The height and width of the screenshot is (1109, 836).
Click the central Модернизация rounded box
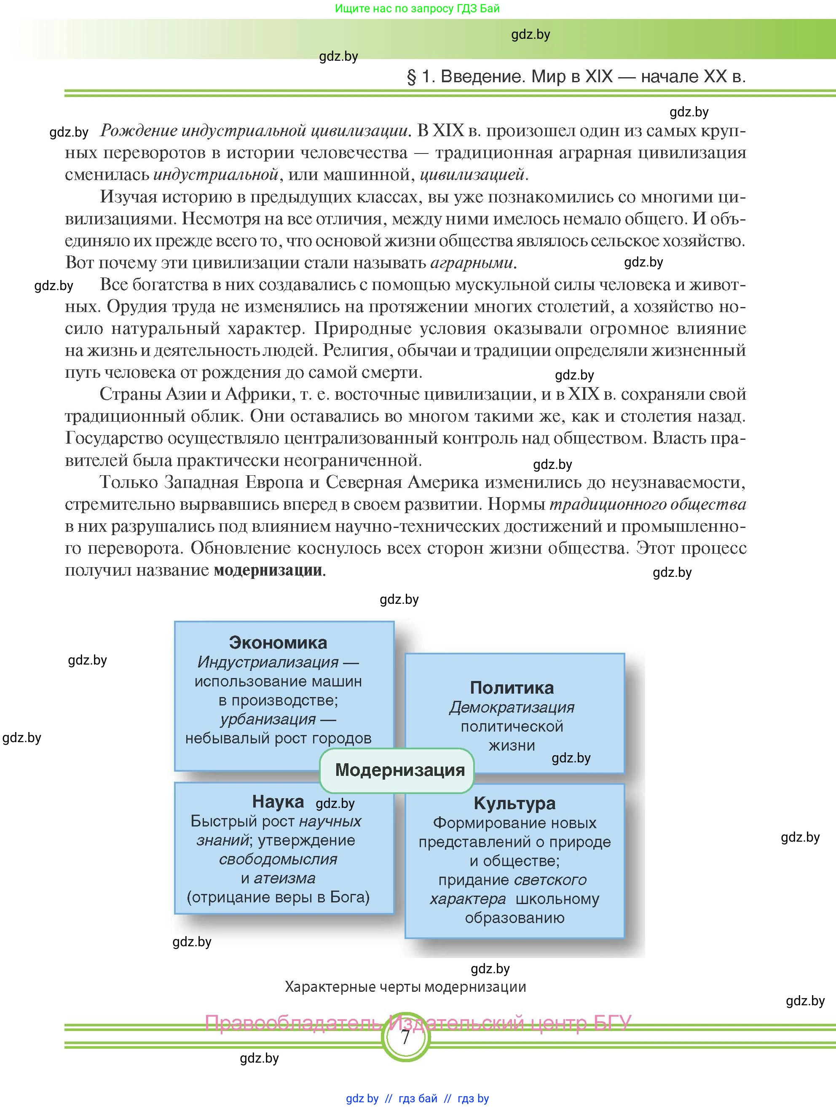click(x=399, y=770)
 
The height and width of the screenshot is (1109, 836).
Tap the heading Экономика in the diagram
click(x=278, y=642)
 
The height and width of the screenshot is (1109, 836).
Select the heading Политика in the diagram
click(x=512, y=687)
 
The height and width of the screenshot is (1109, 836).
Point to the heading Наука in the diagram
click(x=278, y=801)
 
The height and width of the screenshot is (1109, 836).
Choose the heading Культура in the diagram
click(x=514, y=803)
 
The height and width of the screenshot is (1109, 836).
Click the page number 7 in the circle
click(x=405, y=1037)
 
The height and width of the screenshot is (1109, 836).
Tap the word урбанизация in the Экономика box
click(x=268, y=719)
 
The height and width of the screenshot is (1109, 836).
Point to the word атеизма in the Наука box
click(x=284, y=878)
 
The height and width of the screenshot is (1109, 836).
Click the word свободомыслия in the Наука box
click(x=278, y=859)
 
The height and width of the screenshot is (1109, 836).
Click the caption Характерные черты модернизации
click(x=405, y=987)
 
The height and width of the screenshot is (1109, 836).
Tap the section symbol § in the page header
click(x=411, y=77)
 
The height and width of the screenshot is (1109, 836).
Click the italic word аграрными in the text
click(x=472, y=263)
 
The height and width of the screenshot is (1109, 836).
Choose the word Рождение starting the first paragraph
click(x=138, y=131)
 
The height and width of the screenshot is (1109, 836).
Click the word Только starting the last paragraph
click(x=128, y=482)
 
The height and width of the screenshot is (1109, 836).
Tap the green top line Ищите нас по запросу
click(x=417, y=8)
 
